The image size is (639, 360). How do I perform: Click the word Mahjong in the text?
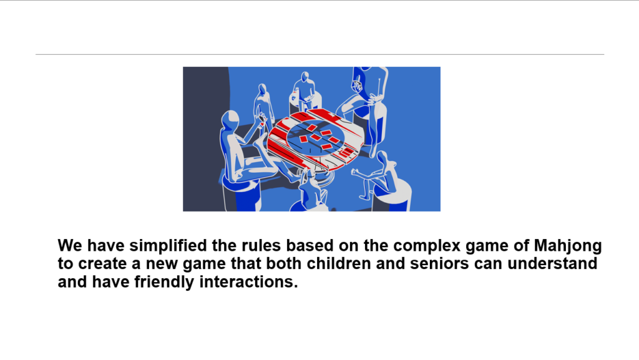[568, 246]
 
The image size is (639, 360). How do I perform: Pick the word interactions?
[248, 282]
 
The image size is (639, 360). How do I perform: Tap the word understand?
[552, 263]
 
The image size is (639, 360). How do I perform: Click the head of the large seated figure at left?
[230, 119]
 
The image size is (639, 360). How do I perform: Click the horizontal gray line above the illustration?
[320, 54]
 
